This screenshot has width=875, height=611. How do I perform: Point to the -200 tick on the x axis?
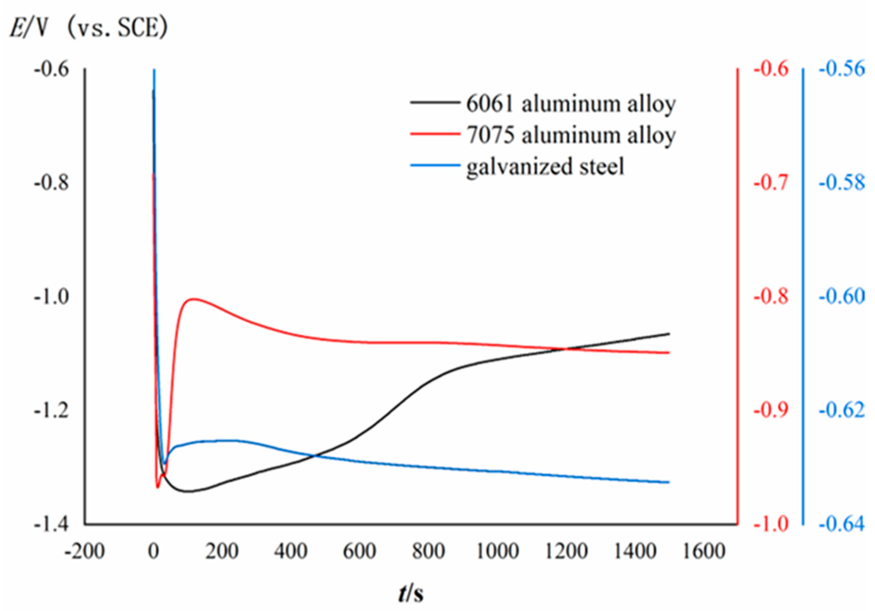tap(85, 551)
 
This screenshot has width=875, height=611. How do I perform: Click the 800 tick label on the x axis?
tap(428, 551)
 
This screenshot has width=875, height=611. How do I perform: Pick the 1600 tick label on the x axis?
tap(703, 551)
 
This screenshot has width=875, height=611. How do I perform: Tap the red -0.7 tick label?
tap(771, 183)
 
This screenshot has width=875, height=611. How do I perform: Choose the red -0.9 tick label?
tap(771, 410)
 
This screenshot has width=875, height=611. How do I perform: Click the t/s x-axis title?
tap(411, 593)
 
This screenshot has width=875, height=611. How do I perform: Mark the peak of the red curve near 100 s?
tap(194, 299)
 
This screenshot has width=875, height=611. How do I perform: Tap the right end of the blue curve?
tap(669, 482)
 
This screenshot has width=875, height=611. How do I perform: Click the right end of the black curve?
tap(669, 334)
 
